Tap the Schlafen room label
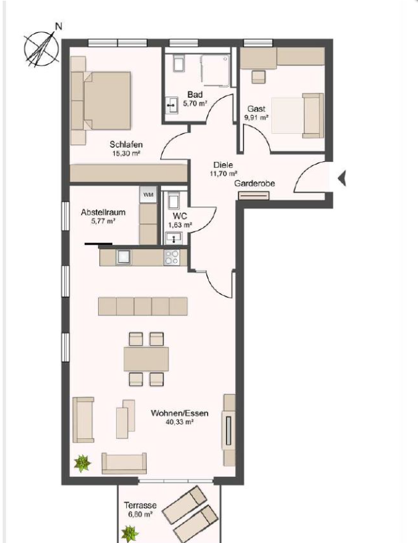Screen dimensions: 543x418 tap(126, 144)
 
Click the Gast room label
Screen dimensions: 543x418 tap(256, 108)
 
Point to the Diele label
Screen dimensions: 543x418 tap(222, 165)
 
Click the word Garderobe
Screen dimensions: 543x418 tap(254, 183)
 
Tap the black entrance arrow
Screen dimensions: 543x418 tap(342, 179)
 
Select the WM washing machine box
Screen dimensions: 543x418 tap(148, 194)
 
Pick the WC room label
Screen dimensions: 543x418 tap(180, 216)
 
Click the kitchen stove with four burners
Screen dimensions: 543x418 tap(172, 257)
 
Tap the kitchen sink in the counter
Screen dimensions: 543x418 tap(124, 256)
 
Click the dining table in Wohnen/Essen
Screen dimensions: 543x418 tap(146, 359)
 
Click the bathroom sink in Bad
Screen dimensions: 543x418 tap(170, 104)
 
